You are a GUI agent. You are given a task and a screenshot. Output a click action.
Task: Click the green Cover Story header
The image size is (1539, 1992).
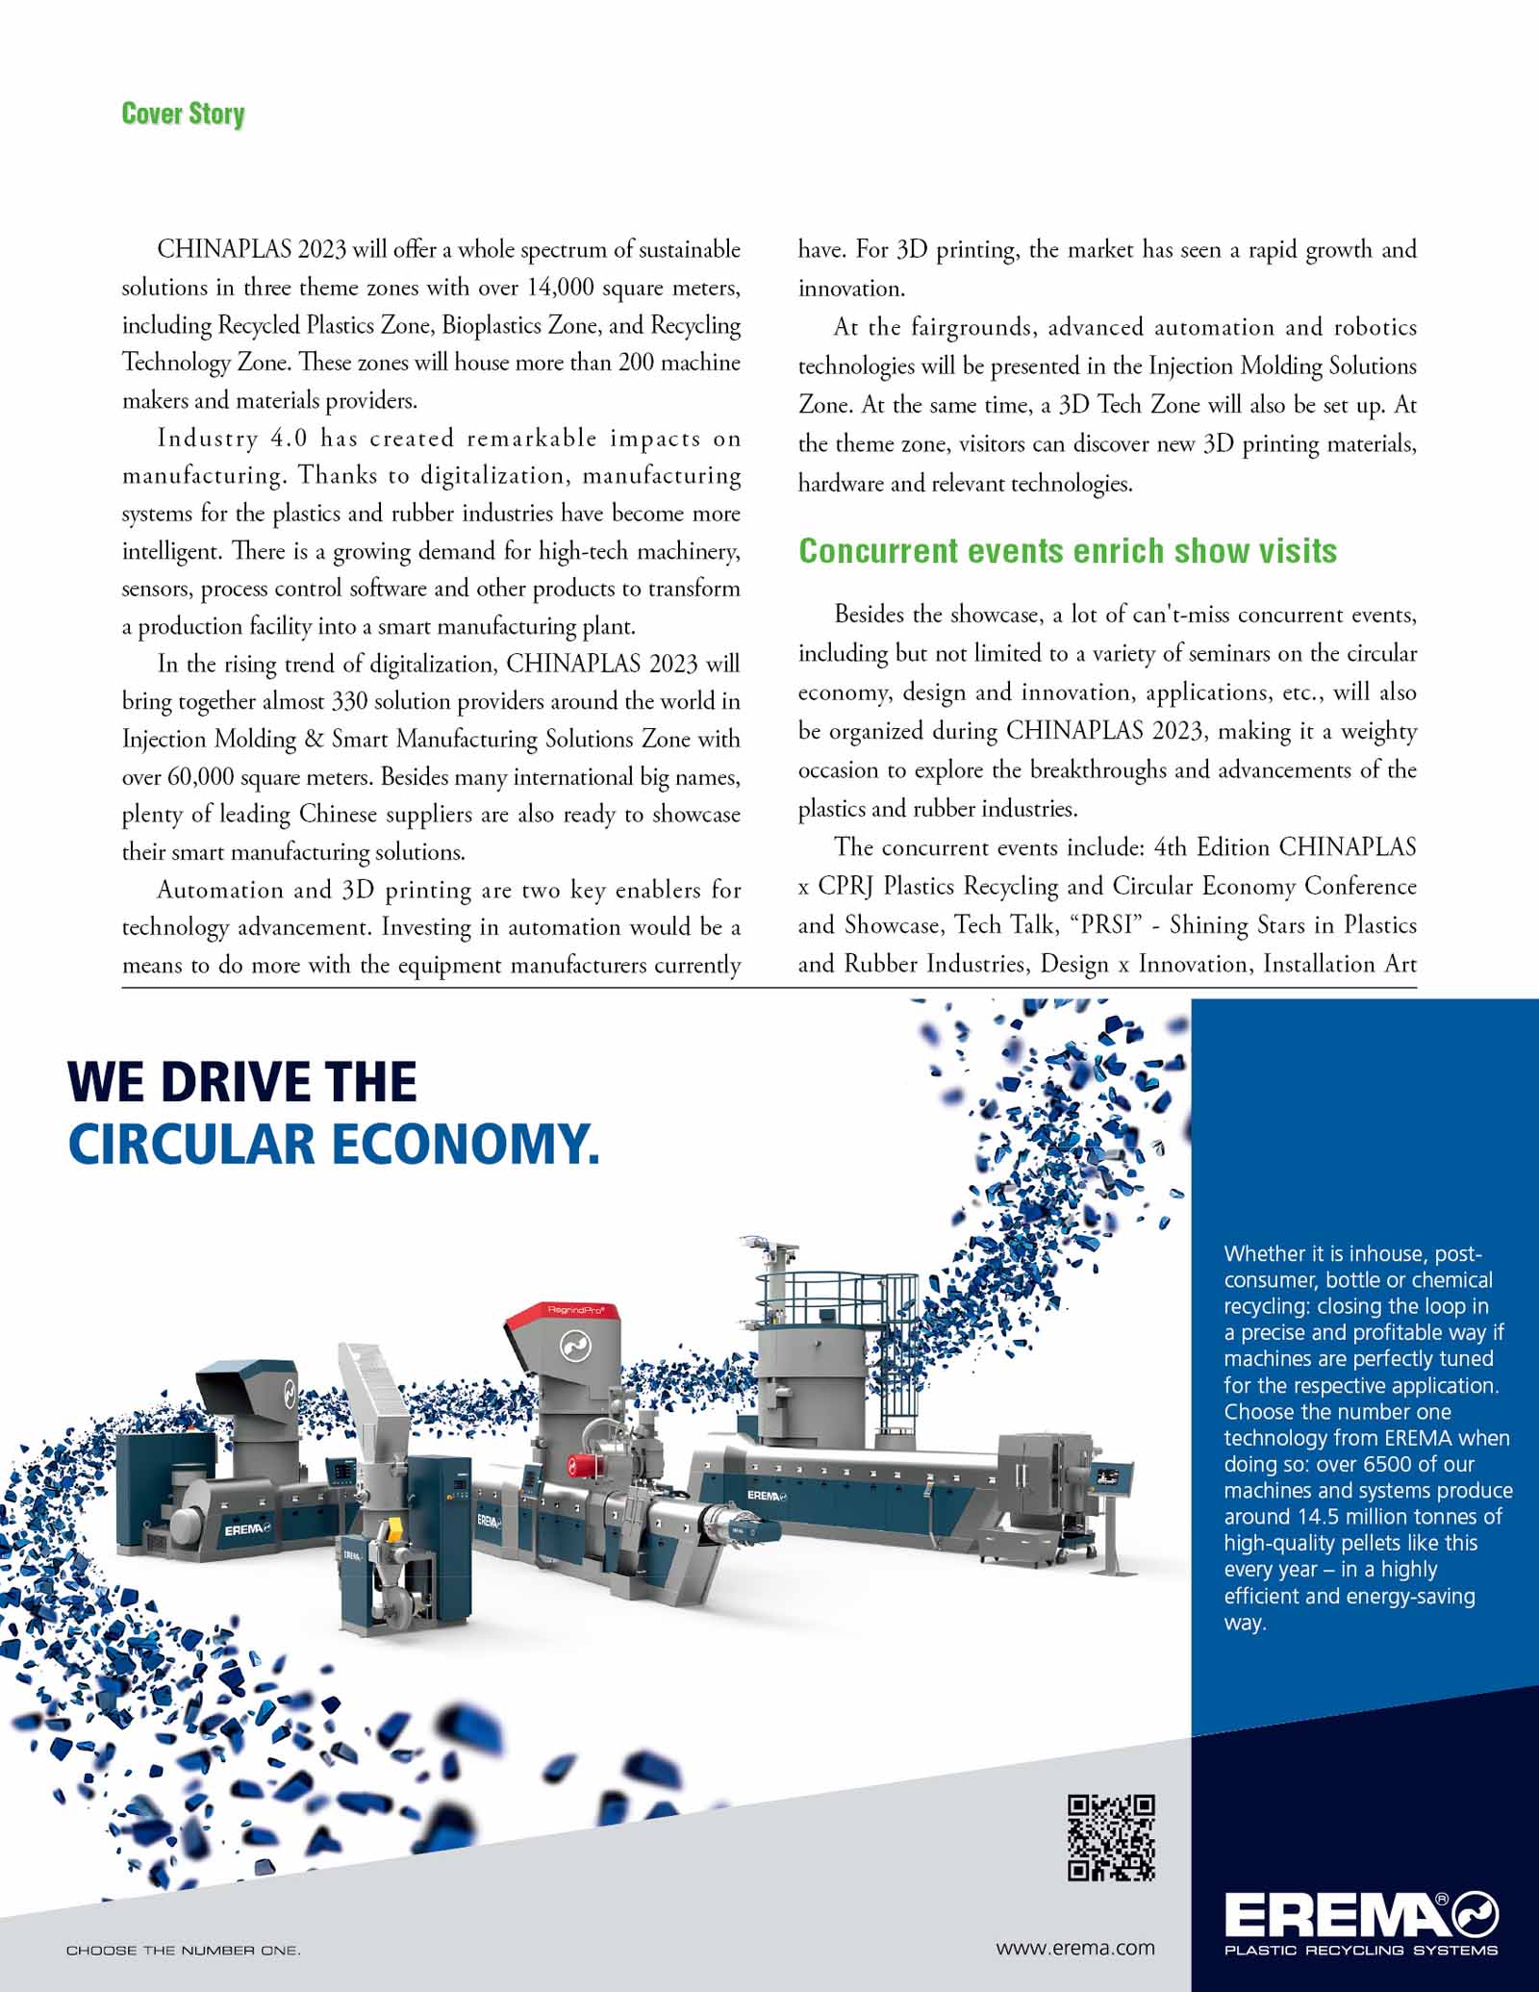[x=183, y=113]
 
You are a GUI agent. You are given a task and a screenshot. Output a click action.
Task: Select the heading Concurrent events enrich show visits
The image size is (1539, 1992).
[x=1068, y=551]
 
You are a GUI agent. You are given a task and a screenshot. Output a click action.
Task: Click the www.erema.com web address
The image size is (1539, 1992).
[x=1075, y=1948]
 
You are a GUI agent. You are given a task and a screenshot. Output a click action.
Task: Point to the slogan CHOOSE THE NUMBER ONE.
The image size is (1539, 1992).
[x=183, y=1951]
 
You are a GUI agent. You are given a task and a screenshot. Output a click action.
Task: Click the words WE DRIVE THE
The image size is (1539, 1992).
[x=242, y=1081]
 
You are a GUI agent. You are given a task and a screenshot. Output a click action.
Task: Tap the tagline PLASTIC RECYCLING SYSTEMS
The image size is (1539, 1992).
[x=1360, y=1951]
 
